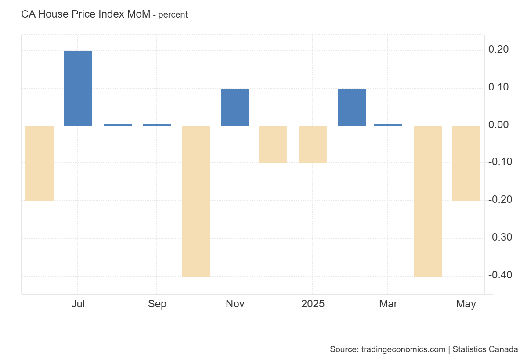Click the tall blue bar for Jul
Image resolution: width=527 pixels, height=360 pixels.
[x=78, y=89]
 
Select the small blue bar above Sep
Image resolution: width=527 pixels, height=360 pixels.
[x=157, y=125]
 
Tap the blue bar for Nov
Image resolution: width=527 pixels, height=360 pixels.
[x=235, y=108]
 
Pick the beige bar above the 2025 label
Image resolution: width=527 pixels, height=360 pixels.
[x=313, y=145]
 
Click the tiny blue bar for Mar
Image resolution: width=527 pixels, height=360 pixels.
[x=388, y=125]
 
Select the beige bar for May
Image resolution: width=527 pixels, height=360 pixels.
[x=466, y=163]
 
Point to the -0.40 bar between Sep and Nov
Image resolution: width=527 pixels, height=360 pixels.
[x=196, y=201]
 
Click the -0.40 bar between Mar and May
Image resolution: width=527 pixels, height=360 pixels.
[x=428, y=201]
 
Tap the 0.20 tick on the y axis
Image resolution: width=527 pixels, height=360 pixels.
[x=498, y=50]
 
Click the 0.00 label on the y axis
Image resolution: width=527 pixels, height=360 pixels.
[x=498, y=125]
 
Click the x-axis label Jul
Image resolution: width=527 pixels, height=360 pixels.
[x=78, y=304]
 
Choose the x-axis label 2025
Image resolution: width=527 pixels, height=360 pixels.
[x=313, y=304]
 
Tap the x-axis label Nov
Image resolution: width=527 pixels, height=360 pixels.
[x=235, y=304]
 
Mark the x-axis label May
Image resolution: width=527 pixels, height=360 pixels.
[x=466, y=304]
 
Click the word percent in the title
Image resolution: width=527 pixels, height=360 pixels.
[x=173, y=14]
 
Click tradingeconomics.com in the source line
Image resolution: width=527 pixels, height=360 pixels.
[x=403, y=349]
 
